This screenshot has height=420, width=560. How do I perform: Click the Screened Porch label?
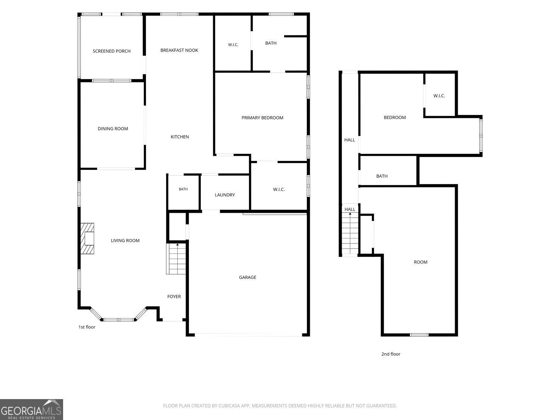click(112, 51)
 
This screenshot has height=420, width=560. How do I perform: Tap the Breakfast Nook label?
click(179, 50)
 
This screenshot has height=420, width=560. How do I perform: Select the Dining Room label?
click(113, 128)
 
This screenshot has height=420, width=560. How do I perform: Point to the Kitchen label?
click(180, 137)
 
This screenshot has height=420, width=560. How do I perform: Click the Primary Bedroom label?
click(262, 118)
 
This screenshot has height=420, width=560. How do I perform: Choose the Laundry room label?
click(225, 195)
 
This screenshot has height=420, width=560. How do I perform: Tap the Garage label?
click(248, 277)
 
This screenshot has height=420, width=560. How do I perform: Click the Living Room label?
click(125, 240)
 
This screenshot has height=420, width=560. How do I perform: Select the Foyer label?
click(174, 296)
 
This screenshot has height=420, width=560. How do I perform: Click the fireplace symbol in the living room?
click(87, 239)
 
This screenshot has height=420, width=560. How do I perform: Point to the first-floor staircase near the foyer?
click(176, 259)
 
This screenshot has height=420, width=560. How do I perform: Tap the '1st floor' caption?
click(87, 327)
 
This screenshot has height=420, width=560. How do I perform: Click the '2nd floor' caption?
click(391, 354)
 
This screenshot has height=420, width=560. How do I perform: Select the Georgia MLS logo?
click(31, 409)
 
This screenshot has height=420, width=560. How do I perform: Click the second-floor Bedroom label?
click(395, 117)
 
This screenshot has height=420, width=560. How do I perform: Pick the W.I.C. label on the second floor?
click(439, 96)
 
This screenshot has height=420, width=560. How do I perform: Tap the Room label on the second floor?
click(420, 262)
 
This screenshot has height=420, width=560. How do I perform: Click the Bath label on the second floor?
click(382, 176)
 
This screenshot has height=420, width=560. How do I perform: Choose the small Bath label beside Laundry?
click(183, 189)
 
